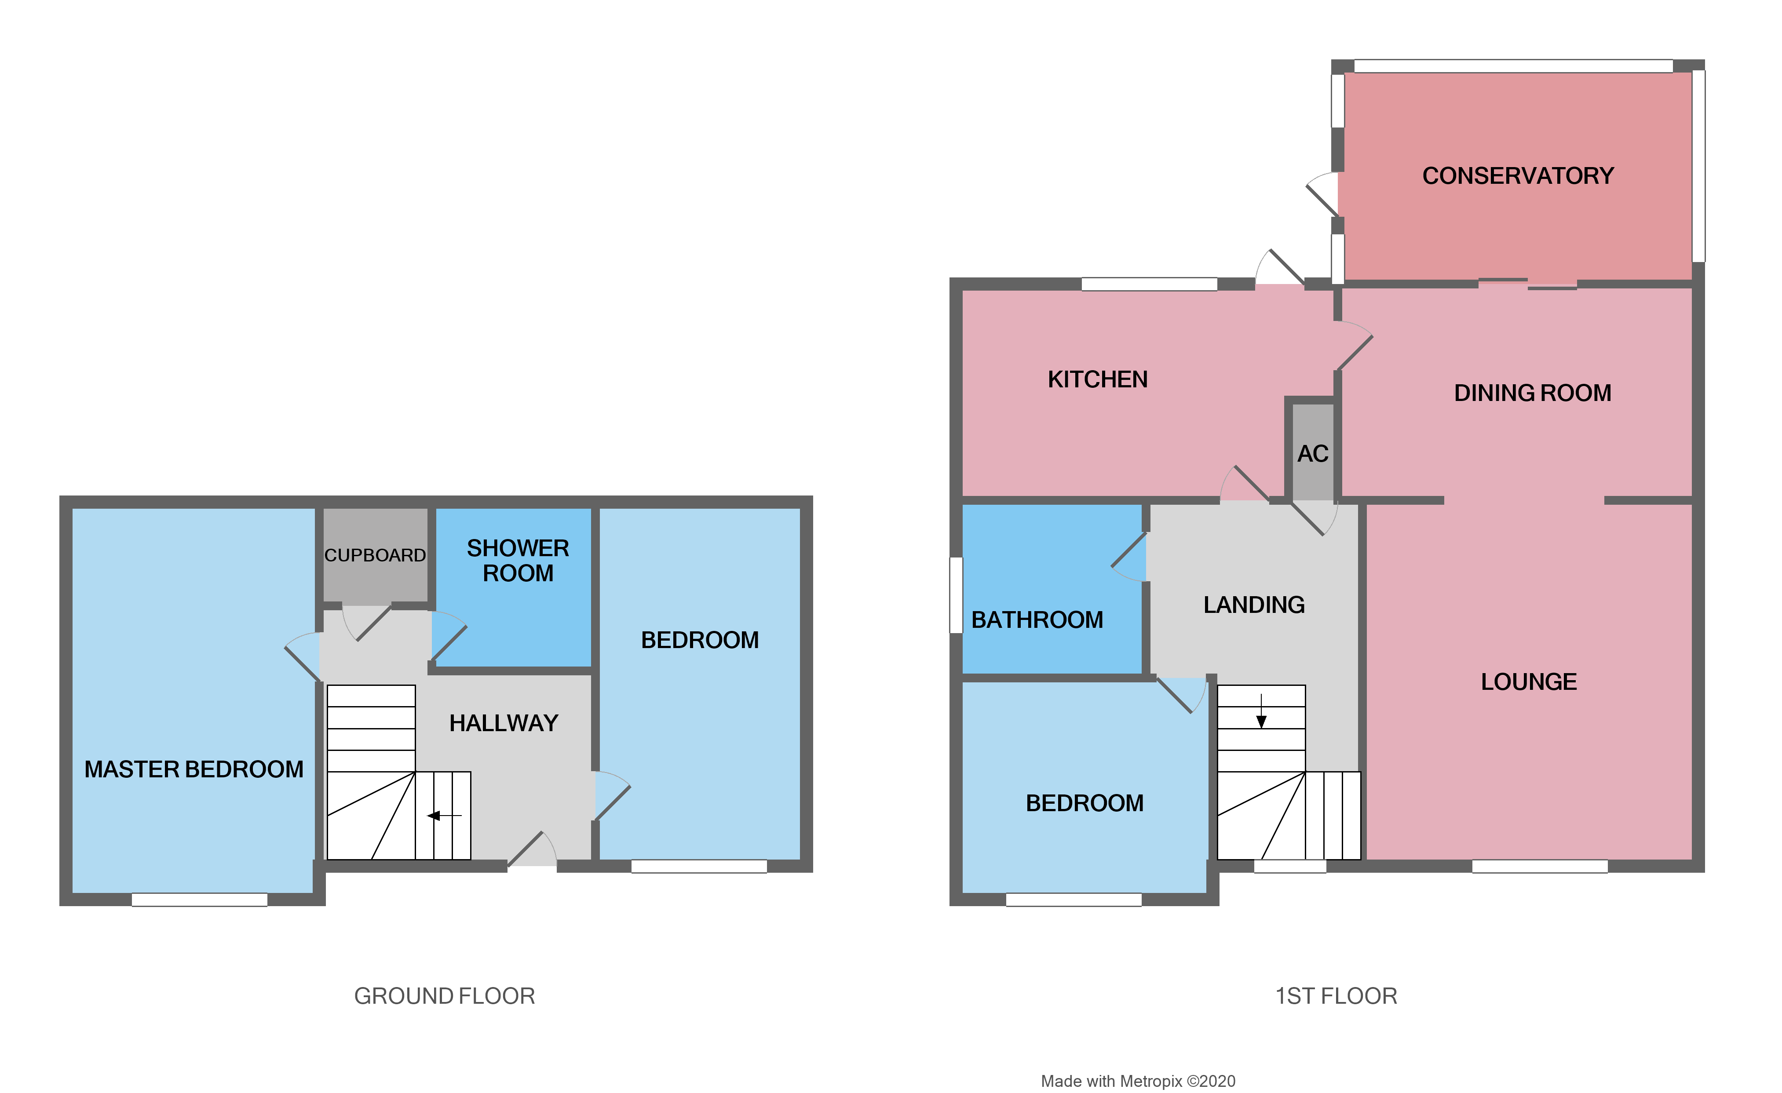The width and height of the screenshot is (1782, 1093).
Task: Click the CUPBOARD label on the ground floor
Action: pyautogui.click(x=375, y=555)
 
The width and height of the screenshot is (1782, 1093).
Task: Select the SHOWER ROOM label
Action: pyautogui.click(x=518, y=560)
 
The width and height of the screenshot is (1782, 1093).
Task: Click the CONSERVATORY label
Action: pyautogui.click(x=1518, y=176)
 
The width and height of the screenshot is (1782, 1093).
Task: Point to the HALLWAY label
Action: pyautogui.click(x=504, y=723)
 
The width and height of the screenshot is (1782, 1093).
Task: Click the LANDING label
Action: pyautogui.click(x=1254, y=605)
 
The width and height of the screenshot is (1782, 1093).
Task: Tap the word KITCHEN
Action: pyautogui.click(x=1097, y=379)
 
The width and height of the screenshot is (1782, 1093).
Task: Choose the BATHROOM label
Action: pyautogui.click(x=1037, y=619)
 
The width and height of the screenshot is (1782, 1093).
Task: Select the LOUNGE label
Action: pyautogui.click(x=1529, y=681)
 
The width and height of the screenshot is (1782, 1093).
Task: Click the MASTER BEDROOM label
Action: pyautogui.click(x=194, y=769)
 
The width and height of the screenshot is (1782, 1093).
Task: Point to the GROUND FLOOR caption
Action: pyautogui.click(x=444, y=996)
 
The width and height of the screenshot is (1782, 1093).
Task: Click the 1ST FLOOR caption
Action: pyautogui.click(x=1336, y=996)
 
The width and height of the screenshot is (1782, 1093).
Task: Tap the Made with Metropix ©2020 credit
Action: pyautogui.click(x=1138, y=1081)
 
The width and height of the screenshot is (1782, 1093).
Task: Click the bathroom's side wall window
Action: pyautogui.click(x=956, y=595)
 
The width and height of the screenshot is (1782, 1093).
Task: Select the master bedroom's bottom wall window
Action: pyautogui.click(x=200, y=899)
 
